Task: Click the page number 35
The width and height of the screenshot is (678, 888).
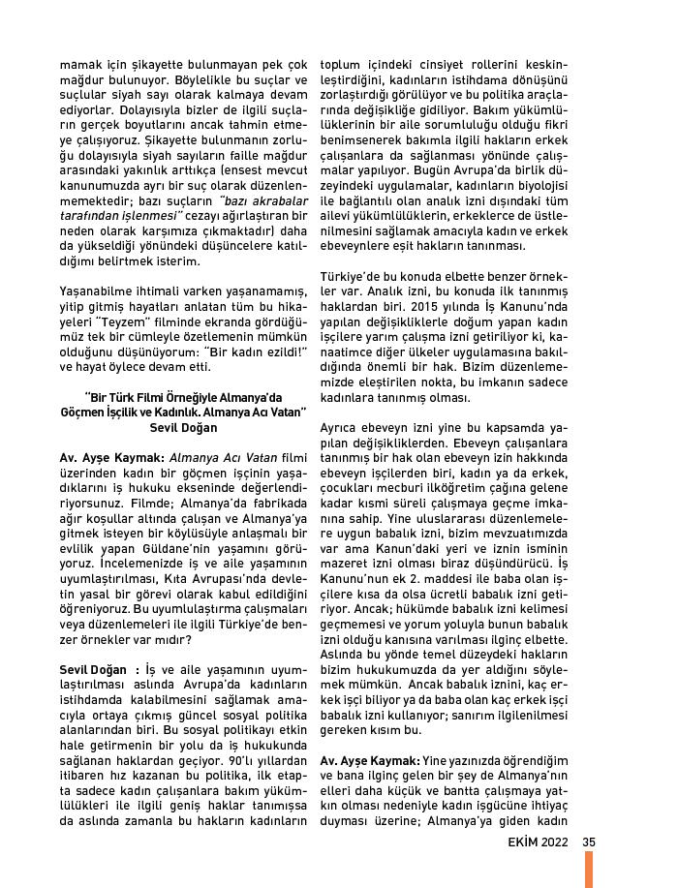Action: click(589, 841)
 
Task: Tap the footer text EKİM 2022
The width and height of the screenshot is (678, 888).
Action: click(536, 841)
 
